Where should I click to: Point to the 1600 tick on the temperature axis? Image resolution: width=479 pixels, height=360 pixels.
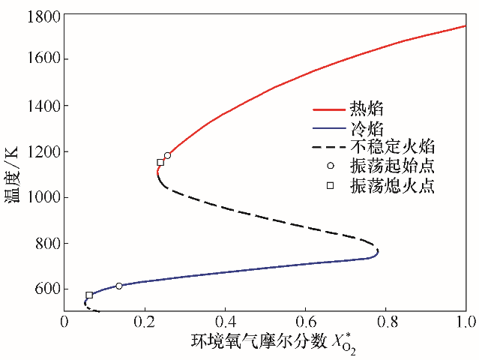pos(42,60)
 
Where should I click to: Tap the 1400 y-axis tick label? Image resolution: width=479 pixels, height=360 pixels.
pos(42,106)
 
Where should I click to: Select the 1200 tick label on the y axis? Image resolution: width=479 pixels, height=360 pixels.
pos(42,151)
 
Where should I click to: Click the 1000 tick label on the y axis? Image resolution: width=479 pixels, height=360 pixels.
pos(42,197)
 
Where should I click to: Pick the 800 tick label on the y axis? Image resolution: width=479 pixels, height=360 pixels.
pos(46,243)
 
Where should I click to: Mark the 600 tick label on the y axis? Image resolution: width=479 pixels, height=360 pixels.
pos(46,289)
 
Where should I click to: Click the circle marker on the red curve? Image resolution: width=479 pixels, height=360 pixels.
pos(167,156)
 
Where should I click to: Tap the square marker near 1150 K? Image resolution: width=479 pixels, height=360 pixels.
pos(160,162)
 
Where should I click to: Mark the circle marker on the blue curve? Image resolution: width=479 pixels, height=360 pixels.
pos(119,286)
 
